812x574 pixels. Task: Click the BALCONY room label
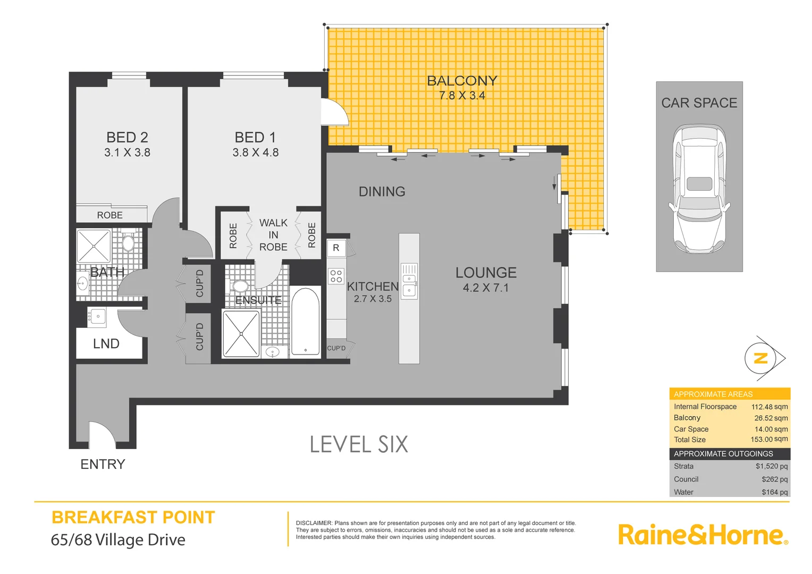(x=462, y=81)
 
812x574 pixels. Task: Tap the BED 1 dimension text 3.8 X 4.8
(x=256, y=153)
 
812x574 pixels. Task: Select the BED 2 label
(x=127, y=137)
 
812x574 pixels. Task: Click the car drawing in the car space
(x=699, y=189)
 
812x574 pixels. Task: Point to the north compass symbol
(x=762, y=358)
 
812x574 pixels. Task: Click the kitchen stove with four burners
(x=336, y=276)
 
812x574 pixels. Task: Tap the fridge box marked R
(x=336, y=248)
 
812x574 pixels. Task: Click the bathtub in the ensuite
(x=305, y=322)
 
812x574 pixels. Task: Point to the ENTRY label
(x=103, y=464)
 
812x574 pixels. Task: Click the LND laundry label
(x=106, y=344)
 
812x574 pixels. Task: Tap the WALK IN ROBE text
(x=273, y=235)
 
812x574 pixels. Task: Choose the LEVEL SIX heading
(x=359, y=444)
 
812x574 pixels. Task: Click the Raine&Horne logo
(x=702, y=535)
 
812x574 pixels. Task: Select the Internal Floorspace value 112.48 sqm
(x=769, y=407)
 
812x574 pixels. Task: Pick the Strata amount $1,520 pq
(x=772, y=466)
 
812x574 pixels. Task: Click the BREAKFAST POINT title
(x=133, y=517)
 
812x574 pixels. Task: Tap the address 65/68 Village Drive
(x=118, y=539)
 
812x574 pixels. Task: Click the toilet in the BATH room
(x=128, y=242)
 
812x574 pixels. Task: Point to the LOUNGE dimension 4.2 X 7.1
(x=486, y=288)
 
